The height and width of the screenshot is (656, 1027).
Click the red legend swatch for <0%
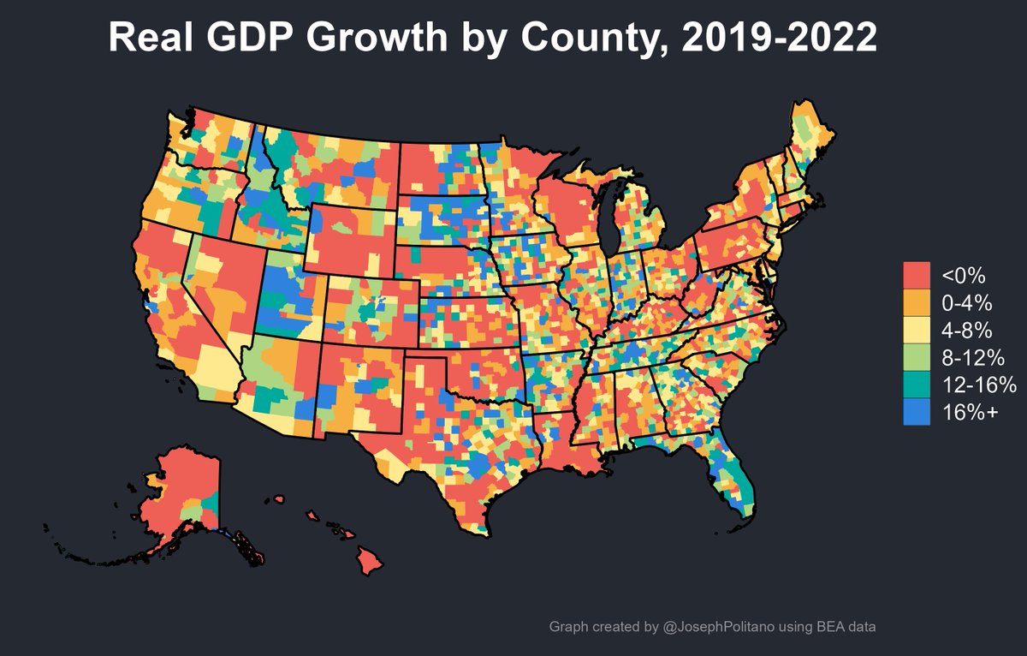pyautogui.click(x=917, y=276)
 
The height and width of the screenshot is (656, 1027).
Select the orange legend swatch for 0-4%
pyautogui.click(x=917, y=302)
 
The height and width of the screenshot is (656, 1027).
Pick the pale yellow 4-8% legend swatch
pyautogui.click(x=917, y=330)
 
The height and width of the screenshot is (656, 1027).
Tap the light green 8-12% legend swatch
pyautogui.click(x=917, y=356)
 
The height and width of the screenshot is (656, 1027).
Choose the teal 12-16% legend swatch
pyautogui.click(x=917, y=384)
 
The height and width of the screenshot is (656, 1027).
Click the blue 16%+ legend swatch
pyautogui.click(x=917, y=411)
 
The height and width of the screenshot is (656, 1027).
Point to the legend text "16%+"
pyautogui.click(x=970, y=412)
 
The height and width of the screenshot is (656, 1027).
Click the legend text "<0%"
pyautogui.click(x=964, y=276)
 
